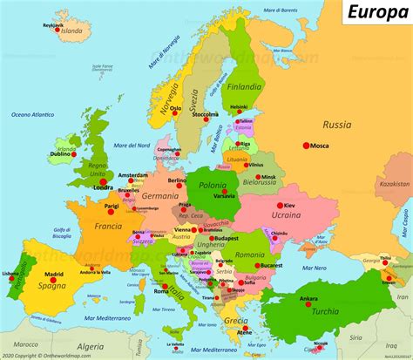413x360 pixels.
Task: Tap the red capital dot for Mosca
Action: coord(306,145)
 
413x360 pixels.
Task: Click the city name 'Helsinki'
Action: coord(239,106)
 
